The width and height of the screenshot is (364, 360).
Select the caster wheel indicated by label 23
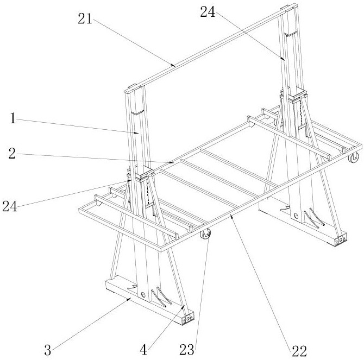(x=206, y=235)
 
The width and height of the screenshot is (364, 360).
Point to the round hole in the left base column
(x=142, y=295)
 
